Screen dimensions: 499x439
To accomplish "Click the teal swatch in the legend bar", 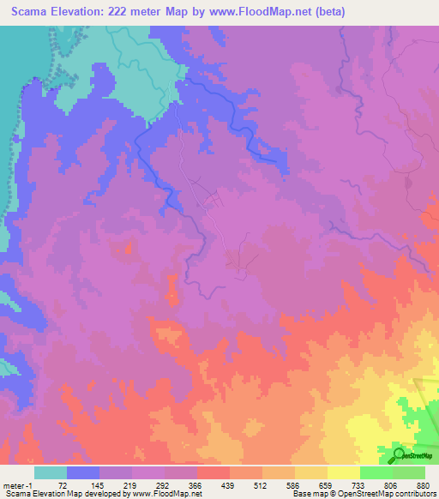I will click(51, 472).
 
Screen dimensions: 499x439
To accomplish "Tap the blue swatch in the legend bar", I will click(83, 472).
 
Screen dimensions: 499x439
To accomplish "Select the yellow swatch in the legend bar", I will click(343, 472).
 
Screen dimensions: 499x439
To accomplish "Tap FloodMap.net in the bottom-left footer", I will click(177, 494).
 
